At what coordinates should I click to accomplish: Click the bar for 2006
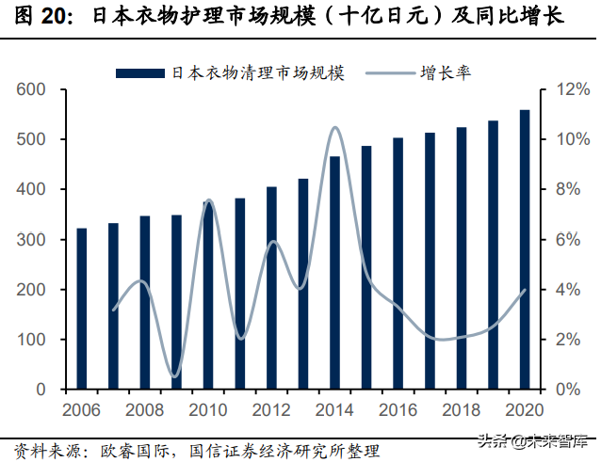pos(82,309)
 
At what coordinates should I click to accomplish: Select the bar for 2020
pos(525,249)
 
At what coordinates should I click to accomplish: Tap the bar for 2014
pos(334,273)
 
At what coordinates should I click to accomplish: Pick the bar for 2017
pos(430,261)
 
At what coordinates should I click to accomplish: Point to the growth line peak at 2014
pos(335,127)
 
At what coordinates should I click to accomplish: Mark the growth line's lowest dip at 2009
pos(174,376)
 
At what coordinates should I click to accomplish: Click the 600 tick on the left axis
pos(32,90)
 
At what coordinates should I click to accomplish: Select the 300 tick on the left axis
pos(32,240)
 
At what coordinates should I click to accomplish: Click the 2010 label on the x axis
pos(207,410)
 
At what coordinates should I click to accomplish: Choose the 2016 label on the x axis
pos(398,410)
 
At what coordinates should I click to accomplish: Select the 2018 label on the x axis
pos(461,410)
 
